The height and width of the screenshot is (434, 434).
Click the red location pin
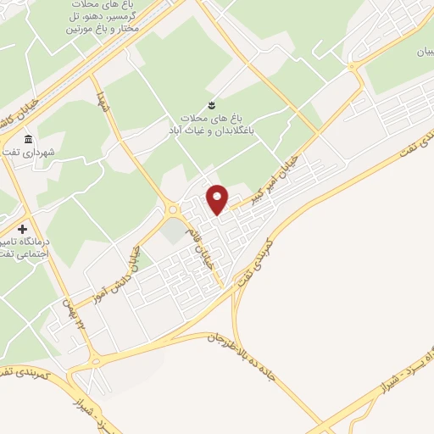219,199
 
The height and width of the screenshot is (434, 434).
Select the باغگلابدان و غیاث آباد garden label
209,125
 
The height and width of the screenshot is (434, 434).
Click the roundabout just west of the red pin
172,209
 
